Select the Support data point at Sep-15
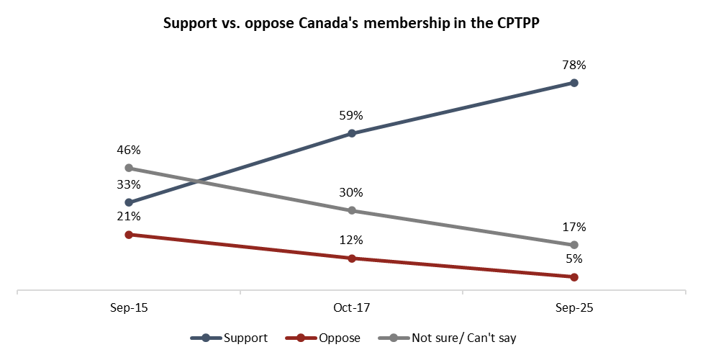[x=129, y=202]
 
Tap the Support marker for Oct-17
[x=351, y=133]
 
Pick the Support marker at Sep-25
[x=573, y=83]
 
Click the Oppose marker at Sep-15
[x=129, y=235]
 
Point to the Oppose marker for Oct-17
[x=351, y=258]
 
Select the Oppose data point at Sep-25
[x=573, y=277]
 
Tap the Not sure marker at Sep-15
[x=129, y=168]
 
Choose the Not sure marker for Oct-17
[x=351, y=210]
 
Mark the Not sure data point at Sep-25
[x=573, y=246]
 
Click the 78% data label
[x=573, y=65]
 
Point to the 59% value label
[x=351, y=115]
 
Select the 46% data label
[x=129, y=150]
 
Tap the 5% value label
[x=573, y=259]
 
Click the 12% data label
[x=351, y=240]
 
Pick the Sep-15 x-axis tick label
[x=129, y=307]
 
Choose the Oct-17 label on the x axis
[x=351, y=307]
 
